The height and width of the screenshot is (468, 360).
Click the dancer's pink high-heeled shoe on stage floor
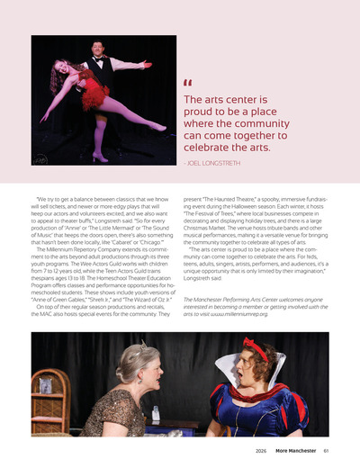99,157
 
